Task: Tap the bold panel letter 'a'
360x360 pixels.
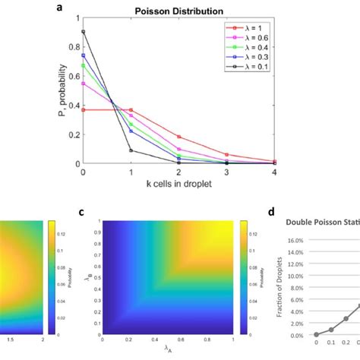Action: [81, 8]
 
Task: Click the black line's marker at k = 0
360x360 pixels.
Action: [83, 32]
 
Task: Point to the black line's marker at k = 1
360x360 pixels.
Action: [131, 150]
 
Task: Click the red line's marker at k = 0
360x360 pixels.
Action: [83, 110]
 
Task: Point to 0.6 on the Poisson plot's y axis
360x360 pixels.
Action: [74, 76]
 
